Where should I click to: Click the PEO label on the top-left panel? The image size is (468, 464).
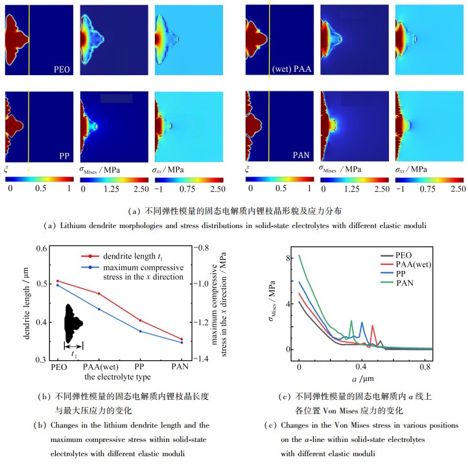point(63,68)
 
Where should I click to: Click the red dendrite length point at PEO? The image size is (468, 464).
point(58,281)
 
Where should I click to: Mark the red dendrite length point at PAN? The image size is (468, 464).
point(181,339)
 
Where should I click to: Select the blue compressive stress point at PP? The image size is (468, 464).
point(140,331)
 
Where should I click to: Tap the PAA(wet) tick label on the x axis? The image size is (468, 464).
point(99,366)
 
